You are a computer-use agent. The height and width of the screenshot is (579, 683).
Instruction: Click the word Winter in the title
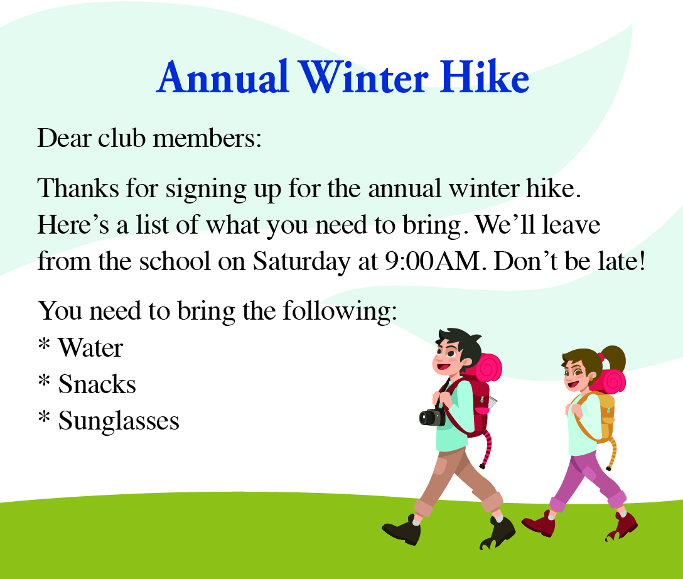pyautogui.click(x=364, y=77)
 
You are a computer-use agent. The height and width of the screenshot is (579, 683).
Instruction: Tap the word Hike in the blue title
pyautogui.click(x=484, y=77)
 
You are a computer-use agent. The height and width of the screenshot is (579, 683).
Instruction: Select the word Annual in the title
pyautogui.click(x=223, y=77)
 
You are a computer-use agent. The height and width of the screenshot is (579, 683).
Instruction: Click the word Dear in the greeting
pyautogui.click(x=65, y=138)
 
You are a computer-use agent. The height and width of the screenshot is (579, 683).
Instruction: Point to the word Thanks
pyautogui.click(x=78, y=188)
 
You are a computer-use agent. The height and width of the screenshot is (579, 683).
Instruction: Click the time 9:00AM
pyautogui.click(x=433, y=261)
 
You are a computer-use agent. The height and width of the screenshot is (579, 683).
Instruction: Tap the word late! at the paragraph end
pyautogui.click(x=621, y=261)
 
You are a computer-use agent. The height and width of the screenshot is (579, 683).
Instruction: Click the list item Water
pyautogui.click(x=90, y=348)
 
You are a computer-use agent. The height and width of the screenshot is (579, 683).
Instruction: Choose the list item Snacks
pyautogui.click(x=97, y=384)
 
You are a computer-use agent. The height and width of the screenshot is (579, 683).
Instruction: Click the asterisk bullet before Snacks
pyautogui.click(x=44, y=380)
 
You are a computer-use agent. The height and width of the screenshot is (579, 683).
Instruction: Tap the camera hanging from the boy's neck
pyautogui.click(x=432, y=417)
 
